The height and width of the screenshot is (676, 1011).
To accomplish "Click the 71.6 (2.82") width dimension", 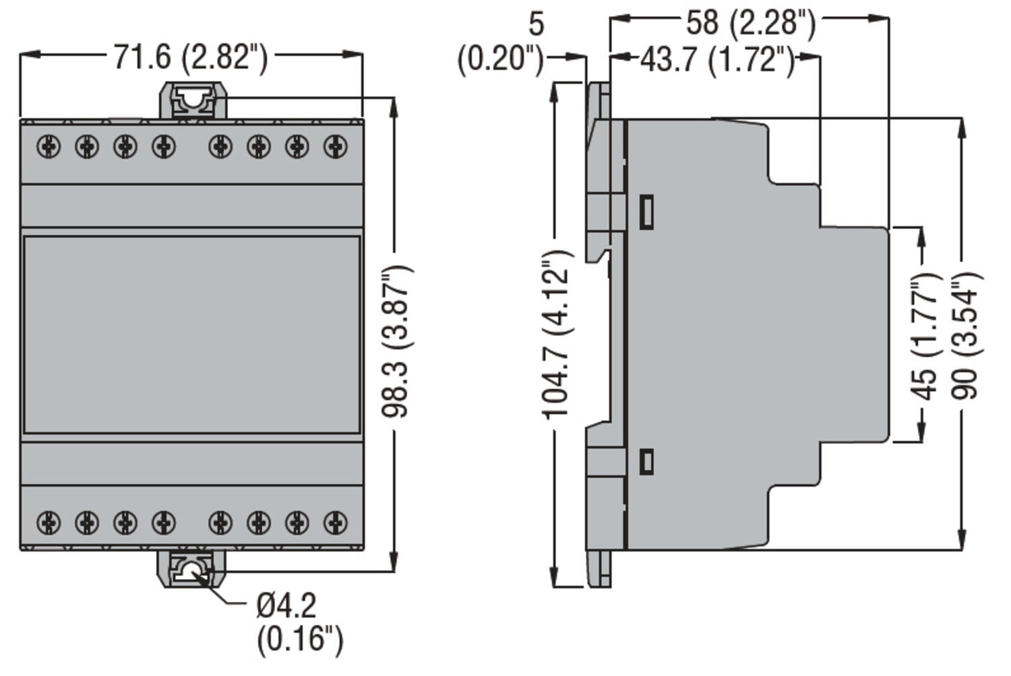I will [191, 57].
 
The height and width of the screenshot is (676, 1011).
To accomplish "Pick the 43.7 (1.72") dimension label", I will [717, 60].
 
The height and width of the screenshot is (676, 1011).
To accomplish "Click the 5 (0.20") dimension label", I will [502, 43].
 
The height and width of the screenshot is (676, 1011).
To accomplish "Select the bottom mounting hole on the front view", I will [192, 570].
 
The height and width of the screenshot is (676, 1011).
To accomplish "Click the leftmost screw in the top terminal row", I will [49, 145].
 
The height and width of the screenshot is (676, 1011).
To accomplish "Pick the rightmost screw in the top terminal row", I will [336, 145].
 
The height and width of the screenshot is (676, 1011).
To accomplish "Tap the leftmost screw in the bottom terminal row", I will [49, 522].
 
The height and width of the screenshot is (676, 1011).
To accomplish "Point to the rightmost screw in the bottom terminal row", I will [336, 522].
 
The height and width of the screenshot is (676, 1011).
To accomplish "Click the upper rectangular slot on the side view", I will [645, 211].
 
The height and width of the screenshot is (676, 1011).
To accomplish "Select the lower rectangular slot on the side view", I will [645, 461].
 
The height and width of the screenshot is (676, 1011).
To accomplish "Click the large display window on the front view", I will [192, 334].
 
